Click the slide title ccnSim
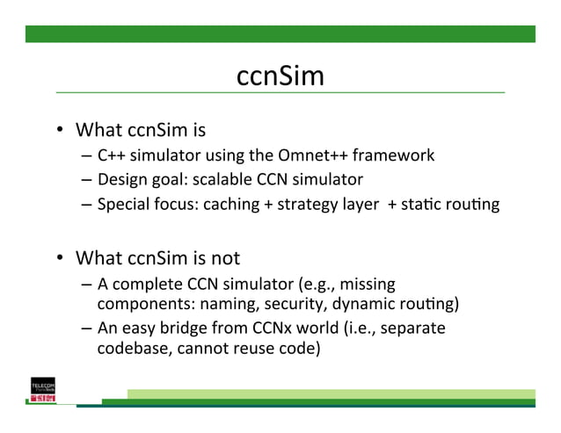click(x=280, y=76)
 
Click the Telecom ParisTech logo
click(x=43, y=392)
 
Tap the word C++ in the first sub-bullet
click(x=110, y=155)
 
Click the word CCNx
click(x=260, y=328)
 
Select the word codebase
click(x=130, y=349)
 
